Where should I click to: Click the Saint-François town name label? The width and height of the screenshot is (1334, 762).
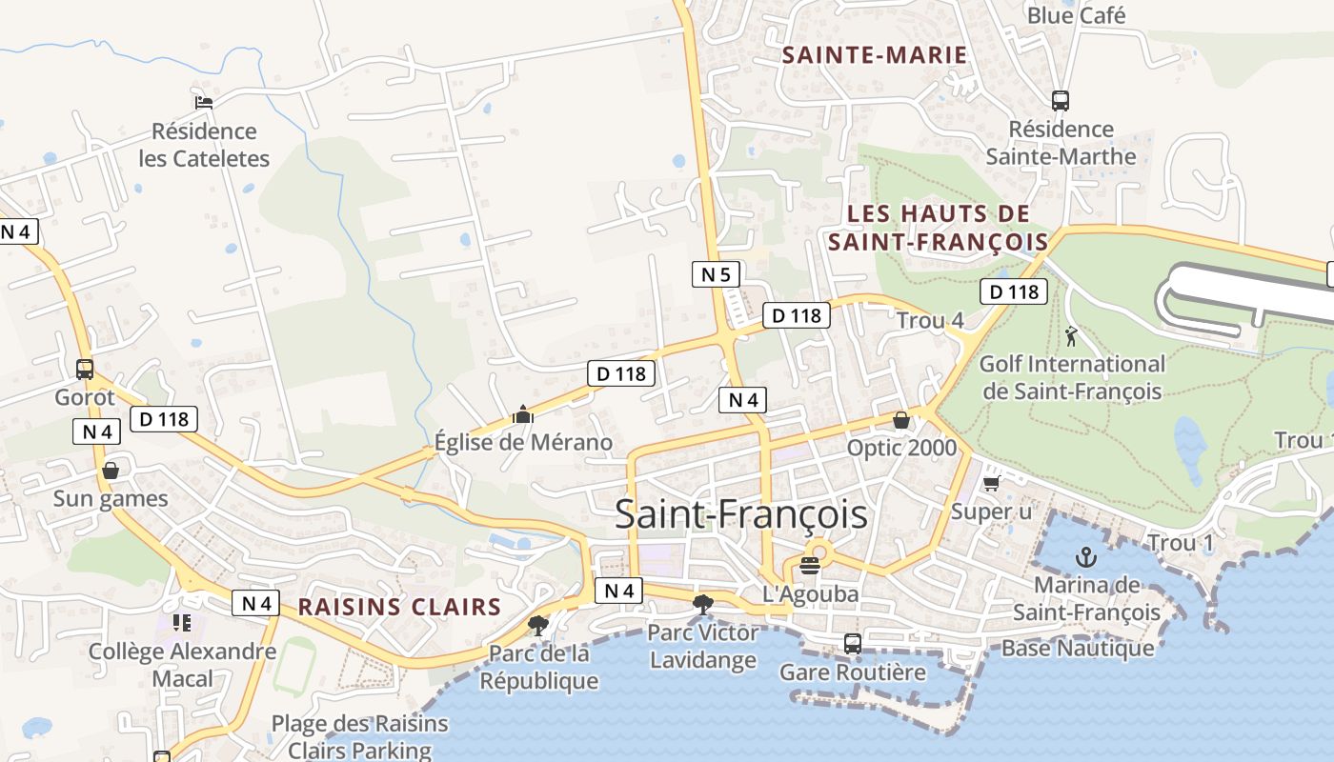point(740,513)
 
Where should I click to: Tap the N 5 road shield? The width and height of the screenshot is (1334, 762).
point(716,275)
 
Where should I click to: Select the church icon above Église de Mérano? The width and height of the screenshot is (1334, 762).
point(522,414)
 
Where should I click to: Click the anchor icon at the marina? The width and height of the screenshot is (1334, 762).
point(1085,556)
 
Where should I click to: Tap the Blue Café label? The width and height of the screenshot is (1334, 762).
point(1076,15)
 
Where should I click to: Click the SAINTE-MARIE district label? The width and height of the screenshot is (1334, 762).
point(874,55)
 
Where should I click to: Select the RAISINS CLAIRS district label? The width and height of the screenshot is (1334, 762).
point(399,607)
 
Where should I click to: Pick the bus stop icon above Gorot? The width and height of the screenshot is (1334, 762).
point(85,369)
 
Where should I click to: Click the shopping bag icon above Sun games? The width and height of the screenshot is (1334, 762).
point(111,471)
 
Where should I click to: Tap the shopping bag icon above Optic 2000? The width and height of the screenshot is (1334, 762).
point(900,420)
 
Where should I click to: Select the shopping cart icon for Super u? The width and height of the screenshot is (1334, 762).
point(991,484)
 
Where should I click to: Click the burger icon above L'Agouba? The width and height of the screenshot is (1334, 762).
point(810,566)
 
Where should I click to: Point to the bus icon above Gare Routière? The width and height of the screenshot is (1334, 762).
point(852,644)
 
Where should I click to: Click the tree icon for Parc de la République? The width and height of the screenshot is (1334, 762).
point(538,625)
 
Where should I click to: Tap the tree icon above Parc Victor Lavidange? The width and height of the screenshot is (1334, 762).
point(703,603)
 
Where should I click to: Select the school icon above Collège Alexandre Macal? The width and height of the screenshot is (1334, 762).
point(182,623)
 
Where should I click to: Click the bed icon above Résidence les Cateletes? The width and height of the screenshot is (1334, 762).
point(203,103)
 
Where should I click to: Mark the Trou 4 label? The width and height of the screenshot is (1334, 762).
point(930,321)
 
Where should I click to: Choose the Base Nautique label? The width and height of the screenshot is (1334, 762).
point(1077,649)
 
